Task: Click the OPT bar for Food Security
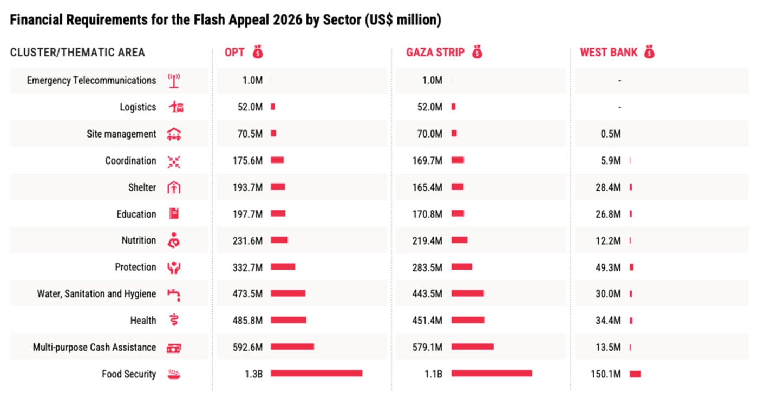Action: tap(316, 374)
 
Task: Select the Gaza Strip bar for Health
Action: tap(468, 321)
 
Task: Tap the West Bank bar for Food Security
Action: tap(635, 374)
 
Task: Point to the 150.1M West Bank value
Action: tap(607, 374)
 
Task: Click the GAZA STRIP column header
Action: tap(435, 53)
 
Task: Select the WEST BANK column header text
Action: tap(609, 53)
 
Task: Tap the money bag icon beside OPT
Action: tap(258, 53)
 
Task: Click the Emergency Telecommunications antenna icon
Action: tap(174, 81)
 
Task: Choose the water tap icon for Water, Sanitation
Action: tap(174, 294)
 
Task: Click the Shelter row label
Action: tap(142, 187)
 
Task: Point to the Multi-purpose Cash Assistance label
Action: tap(94, 347)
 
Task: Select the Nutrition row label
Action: tap(139, 240)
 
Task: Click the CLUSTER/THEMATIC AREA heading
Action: tap(77, 53)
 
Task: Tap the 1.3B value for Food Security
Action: tap(253, 374)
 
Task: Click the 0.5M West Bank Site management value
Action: tap(611, 134)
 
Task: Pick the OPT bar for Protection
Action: tap(283, 267)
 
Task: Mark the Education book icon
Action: tap(174, 214)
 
